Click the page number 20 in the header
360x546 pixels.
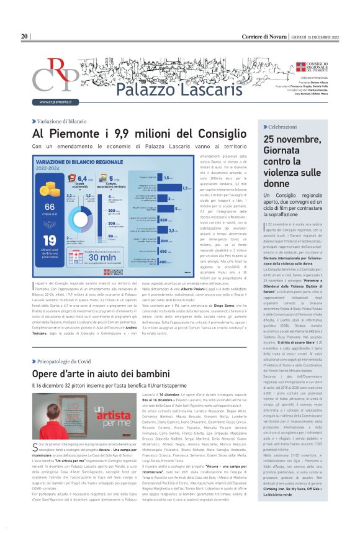pyautogui.click(x=25, y=37)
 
